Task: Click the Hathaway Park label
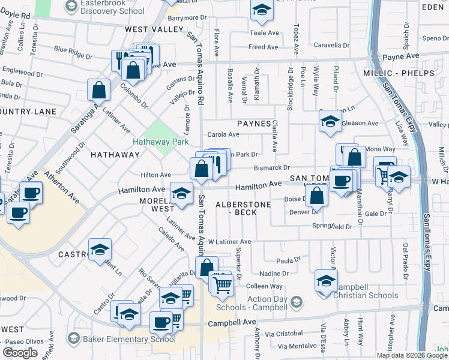tap(160, 142)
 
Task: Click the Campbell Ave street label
tap(232, 323)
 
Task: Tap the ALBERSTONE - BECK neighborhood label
tap(244, 208)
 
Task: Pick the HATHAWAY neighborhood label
tap(115, 155)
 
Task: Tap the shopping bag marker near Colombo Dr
tap(99, 90)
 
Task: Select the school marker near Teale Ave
tap(262, 10)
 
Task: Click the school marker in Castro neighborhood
tap(100, 250)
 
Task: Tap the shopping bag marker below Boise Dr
tap(316, 195)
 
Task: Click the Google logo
tap(20, 353)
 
